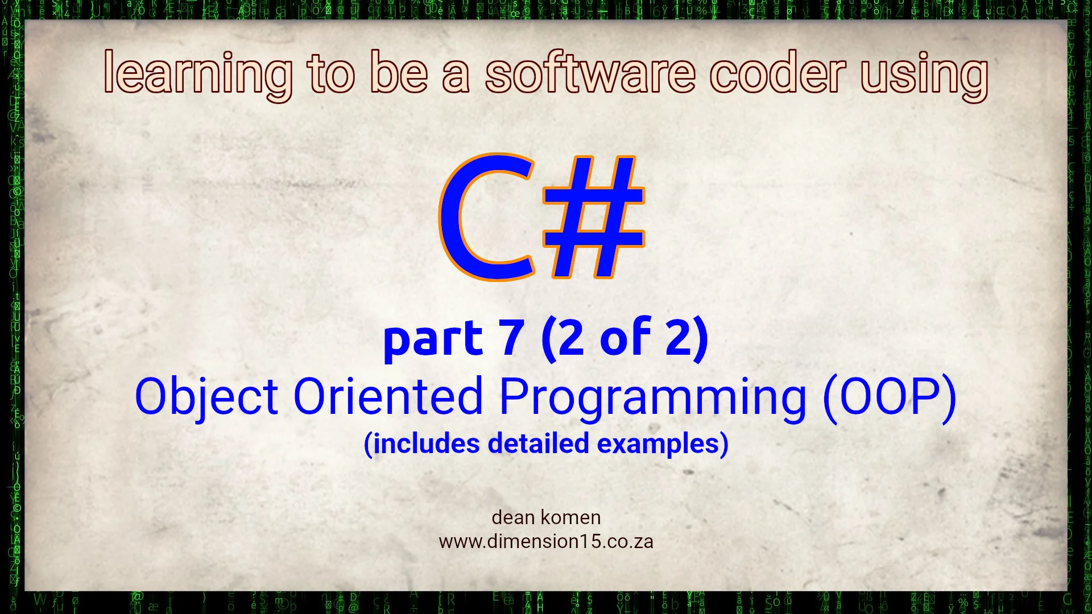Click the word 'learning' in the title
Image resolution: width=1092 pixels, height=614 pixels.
(x=198, y=74)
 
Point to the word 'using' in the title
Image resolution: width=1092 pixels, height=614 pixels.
(x=924, y=76)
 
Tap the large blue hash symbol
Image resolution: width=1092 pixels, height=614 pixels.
(x=593, y=217)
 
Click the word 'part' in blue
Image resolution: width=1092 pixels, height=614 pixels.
(x=433, y=339)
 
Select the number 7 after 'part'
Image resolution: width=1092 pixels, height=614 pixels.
(x=511, y=338)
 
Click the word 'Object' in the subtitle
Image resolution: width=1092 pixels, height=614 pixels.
(x=206, y=397)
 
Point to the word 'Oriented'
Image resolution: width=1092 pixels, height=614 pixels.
(x=388, y=396)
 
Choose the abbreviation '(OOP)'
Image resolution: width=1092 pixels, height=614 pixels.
(x=890, y=399)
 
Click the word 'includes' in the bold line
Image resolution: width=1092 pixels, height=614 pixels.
(x=421, y=444)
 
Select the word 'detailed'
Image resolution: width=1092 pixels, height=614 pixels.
(x=538, y=443)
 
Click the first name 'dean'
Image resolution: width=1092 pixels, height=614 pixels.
(x=513, y=517)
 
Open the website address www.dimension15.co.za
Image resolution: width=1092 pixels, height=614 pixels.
(x=546, y=541)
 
